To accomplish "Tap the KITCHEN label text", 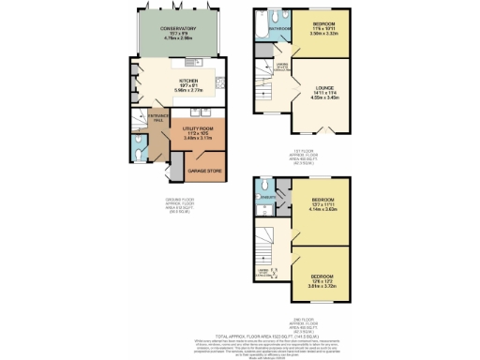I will tap(188, 81).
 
